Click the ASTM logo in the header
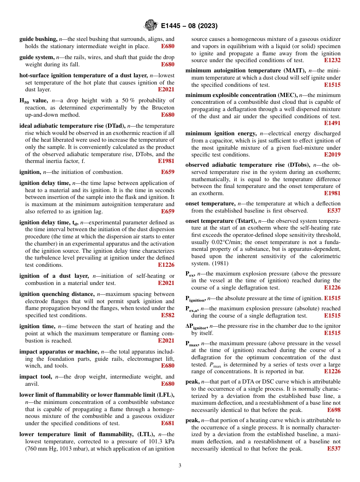[x=151, y=26]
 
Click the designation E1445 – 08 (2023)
[x=189, y=26]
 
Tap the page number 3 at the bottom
[x=180, y=466]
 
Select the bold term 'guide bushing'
[x=38, y=39]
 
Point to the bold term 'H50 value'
[x=33, y=101]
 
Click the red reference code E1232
[x=332, y=60]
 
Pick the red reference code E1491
[x=332, y=123]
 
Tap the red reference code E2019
[x=332, y=155]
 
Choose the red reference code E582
[x=167, y=315]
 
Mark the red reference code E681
[x=167, y=423]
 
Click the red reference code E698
[x=333, y=410]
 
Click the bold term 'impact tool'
[x=36, y=377]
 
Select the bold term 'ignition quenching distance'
[x=56, y=294]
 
